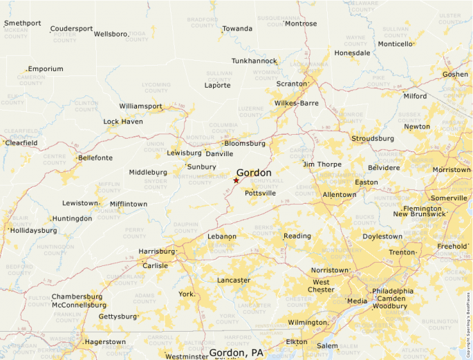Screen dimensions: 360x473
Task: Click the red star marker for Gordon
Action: [x=236, y=180]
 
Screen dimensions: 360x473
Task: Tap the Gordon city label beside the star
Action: [x=254, y=173]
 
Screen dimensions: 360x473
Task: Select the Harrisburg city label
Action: [x=156, y=252]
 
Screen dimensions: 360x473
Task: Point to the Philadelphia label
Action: [x=393, y=292]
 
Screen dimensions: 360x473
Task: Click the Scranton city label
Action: [x=290, y=84]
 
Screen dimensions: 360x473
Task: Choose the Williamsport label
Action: [x=140, y=106]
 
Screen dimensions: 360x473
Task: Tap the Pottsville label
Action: [x=260, y=193]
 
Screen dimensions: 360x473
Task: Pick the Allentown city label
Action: [x=340, y=195]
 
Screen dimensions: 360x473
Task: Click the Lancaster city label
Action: [x=234, y=280]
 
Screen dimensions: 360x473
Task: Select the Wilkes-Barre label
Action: [x=296, y=103]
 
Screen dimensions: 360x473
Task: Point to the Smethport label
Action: [x=22, y=23]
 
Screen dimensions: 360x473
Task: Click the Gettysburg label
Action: [x=118, y=316]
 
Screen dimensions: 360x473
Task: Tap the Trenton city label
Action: [x=402, y=252]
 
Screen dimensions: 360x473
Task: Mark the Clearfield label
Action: [x=21, y=143]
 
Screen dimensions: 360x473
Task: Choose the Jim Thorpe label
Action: [x=322, y=164]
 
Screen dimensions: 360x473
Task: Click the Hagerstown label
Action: [x=105, y=342]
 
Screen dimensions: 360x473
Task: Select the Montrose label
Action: [x=301, y=23]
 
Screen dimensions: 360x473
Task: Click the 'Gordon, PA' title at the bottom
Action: [x=236, y=353]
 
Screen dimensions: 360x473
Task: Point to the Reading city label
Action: [x=297, y=236]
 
